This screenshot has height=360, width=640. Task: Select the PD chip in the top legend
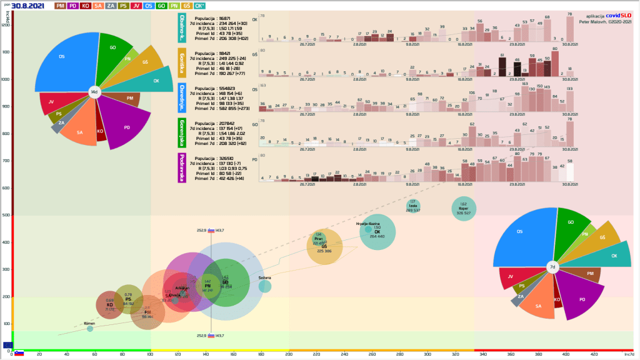74,6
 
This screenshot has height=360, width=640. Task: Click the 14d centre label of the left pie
94,92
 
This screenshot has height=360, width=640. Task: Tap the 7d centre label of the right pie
552,267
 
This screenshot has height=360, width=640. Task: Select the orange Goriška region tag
182,62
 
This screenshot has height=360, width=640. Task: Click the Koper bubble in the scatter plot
463,209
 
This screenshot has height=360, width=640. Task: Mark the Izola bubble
413,206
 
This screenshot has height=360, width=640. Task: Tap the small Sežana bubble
265,286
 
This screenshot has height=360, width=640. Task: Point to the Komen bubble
90,328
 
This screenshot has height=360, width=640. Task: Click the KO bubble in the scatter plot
109,304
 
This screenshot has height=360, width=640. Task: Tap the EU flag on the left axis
7,344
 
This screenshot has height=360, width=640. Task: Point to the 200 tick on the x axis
289,354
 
